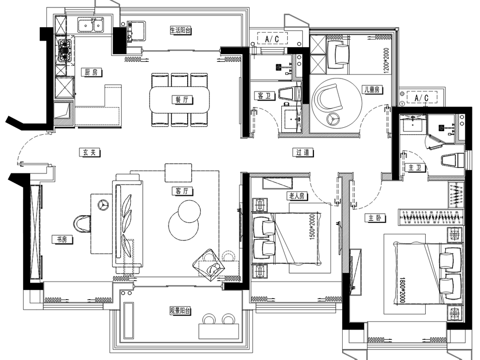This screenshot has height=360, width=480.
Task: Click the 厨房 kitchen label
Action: tap(92, 72)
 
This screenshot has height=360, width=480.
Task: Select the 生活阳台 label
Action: tap(180, 30)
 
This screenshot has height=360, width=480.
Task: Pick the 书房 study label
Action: tap(62, 239)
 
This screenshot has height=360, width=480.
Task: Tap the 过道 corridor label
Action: tap(303, 152)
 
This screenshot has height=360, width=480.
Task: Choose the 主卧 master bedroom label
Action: tap(375, 218)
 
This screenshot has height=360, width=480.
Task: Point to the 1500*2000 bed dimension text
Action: tap(312, 227)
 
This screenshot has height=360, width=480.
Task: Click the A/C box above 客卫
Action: tap(272, 39)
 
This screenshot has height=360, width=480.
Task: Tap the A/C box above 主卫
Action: tap(422, 98)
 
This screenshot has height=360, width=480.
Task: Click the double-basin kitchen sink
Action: tap(90, 25)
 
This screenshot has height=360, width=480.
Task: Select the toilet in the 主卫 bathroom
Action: tap(453, 160)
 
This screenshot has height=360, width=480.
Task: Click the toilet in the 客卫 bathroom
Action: tap(290, 94)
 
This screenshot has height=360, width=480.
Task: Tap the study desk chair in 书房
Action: tap(82, 224)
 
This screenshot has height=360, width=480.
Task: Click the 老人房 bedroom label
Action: tap(297, 196)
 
